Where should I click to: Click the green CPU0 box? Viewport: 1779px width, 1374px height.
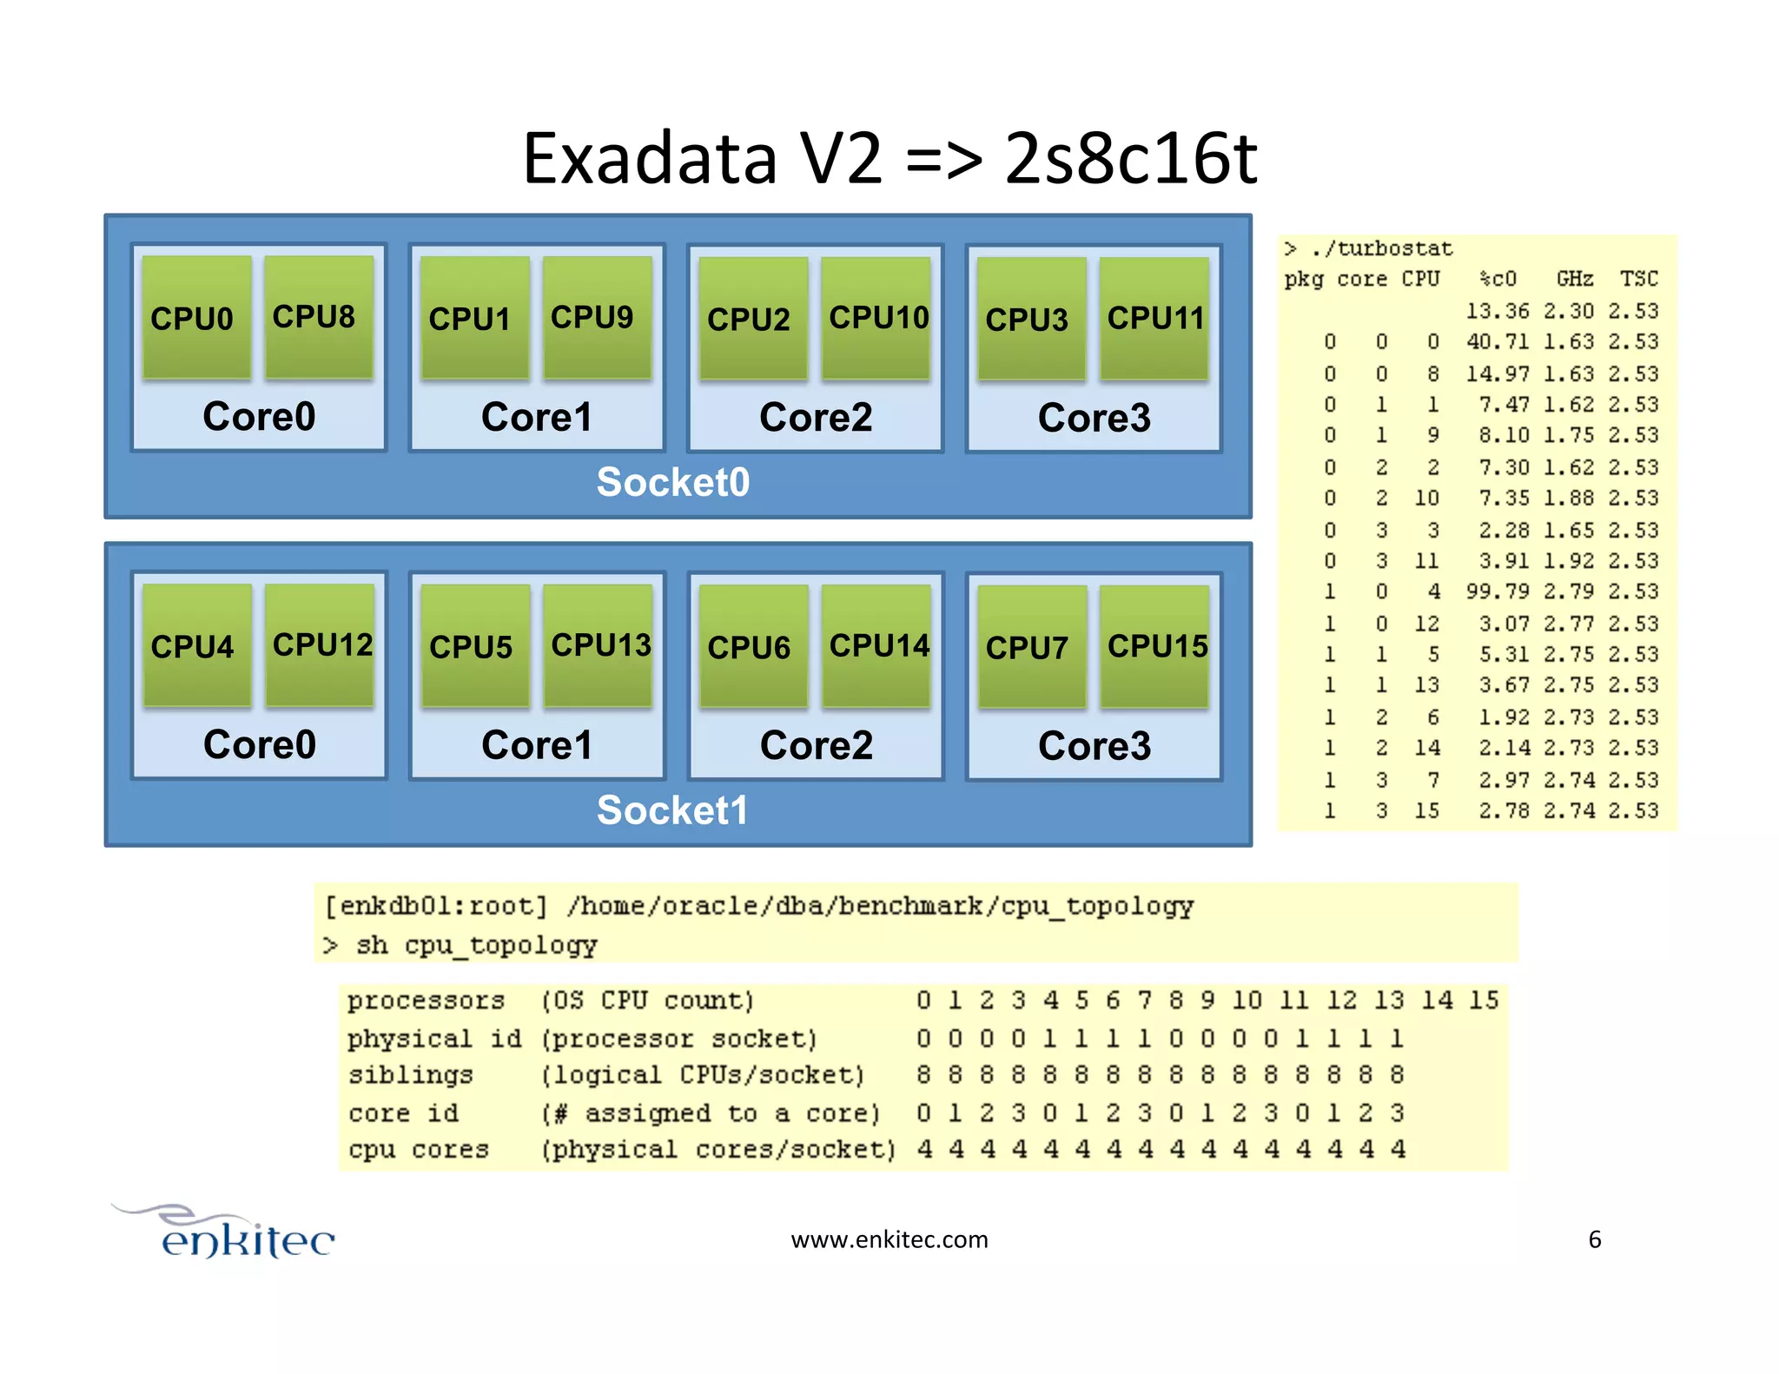point(196,318)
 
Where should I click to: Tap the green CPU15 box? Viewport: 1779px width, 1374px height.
point(1154,646)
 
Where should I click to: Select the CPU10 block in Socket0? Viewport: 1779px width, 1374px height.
point(876,318)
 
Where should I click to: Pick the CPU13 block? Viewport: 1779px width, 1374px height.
point(599,645)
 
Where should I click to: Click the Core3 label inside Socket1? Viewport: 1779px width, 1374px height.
point(1094,745)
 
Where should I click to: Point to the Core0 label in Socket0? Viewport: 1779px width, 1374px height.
point(259,416)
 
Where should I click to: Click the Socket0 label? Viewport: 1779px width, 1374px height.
point(673,482)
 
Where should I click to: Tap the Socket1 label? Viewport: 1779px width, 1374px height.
point(672,810)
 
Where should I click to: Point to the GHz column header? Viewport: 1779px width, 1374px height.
point(1574,279)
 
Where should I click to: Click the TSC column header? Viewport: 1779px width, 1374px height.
point(1638,279)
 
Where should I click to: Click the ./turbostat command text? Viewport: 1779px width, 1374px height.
point(1380,249)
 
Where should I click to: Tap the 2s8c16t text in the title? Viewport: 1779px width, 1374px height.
point(1130,159)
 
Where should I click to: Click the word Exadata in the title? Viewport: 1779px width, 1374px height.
point(650,159)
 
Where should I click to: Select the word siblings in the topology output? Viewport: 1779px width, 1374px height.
point(411,1075)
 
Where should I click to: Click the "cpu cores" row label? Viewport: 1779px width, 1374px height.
point(419,1149)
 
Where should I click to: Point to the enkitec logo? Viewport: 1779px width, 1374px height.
point(235,1233)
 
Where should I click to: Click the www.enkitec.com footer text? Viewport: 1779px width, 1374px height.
point(889,1239)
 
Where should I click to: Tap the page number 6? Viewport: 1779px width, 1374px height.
point(1594,1239)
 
